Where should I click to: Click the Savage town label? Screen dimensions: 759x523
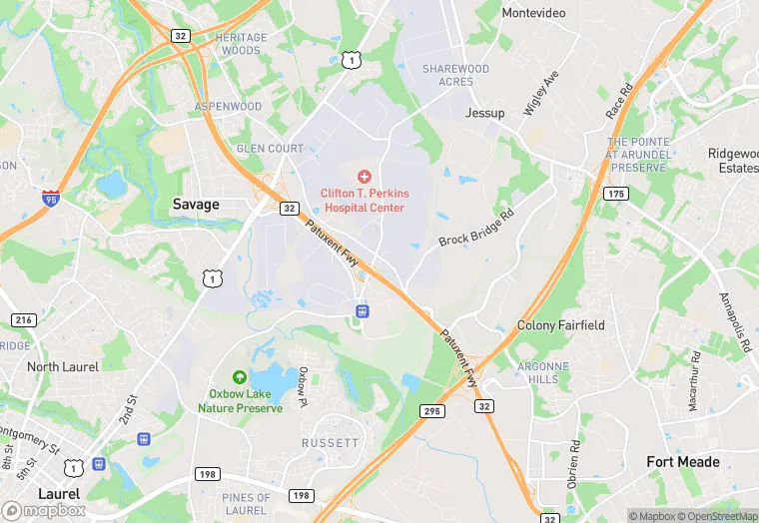[x=195, y=204]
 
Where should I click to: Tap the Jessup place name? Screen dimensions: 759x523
[x=484, y=113]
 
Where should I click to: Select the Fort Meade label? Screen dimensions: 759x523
[x=682, y=461]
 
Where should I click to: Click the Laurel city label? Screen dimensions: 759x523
[x=59, y=494]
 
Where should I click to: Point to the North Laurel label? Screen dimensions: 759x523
[x=63, y=367]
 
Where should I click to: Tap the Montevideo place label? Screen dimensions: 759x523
[x=533, y=13]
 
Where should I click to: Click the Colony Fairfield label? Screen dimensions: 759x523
[x=560, y=325]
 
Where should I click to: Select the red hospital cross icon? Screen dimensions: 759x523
[x=364, y=176]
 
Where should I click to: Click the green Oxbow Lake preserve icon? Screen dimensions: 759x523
[x=240, y=376]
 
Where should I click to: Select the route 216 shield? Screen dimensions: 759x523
[x=25, y=319]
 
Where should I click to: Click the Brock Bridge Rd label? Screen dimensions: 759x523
[x=476, y=228]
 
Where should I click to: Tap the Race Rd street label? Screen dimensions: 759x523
[x=620, y=103]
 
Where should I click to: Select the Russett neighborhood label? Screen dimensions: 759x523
[x=330, y=442]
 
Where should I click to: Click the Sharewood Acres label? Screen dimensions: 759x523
[x=455, y=75]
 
